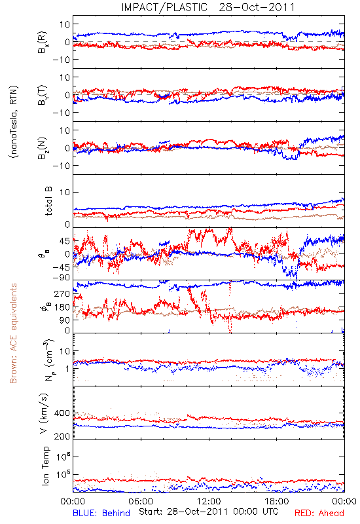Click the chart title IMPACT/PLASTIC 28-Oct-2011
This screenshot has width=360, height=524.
pyautogui.click(x=207, y=7)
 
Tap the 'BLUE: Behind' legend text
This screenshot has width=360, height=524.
pyautogui.click(x=101, y=513)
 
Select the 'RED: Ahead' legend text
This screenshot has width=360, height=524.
pyautogui.click(x=319, y=513)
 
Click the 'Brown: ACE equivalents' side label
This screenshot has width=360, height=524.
pyautogui.click(x=13, y=333)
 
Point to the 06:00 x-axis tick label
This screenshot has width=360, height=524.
pyautogui.click(x=141, y=501)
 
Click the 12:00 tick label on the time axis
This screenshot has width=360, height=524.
pyautogui.click(x=209, y=501)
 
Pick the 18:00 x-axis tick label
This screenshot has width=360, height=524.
pyautogui.click(x=277, y=501)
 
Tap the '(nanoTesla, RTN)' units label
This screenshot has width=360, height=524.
pyautogui.click(x=14, y=122)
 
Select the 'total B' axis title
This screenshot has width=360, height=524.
pyautogui.click(x=48, y=201)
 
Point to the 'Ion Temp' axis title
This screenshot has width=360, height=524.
pyautogui.click(x=45, y=466)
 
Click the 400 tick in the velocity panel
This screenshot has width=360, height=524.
pyautogui.click(x=62, y=413)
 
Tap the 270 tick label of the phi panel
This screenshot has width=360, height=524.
pyautogui.click(x=62, y=293)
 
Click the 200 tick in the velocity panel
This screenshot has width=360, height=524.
pyautogui.click(x=62, y=436)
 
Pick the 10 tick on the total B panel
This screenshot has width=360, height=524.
pyautogui.click(x=65, y=192)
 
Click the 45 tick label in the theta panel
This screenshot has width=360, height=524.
pyautogui.click(x=65, y=241)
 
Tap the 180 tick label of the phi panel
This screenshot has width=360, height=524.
pyautogui.click(x=62, y=307)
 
